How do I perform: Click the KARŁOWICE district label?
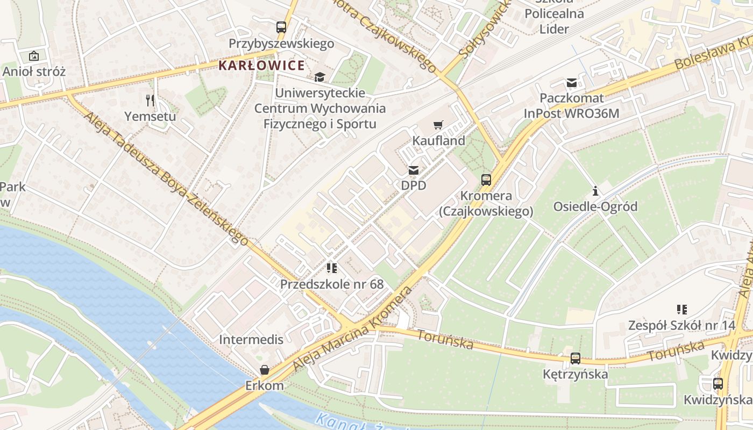click(261, 66)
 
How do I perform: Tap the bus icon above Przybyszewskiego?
click(281, 27)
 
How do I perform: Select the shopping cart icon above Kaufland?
click(438, 125)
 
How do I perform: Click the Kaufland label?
click(438, 141)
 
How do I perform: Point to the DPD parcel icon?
click(413, 170)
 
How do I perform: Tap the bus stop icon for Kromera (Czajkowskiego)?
click(486, 180)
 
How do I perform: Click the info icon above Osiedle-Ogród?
click(595, 191)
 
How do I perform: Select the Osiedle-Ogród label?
click(595, 207)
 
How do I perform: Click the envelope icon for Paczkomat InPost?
click(571, 83)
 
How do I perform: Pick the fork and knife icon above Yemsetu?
click(150, 100)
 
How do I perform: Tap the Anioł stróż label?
click(34, 71)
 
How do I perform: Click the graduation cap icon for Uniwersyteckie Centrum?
click(320, 77)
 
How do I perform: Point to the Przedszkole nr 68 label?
click(332, 284)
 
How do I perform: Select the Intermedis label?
click(251, 340)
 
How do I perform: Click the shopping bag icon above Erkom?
click(264, 370)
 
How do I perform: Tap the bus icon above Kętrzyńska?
click(575, 358)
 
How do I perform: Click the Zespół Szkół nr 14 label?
click(681, 326)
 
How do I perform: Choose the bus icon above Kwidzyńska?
click(718, 384)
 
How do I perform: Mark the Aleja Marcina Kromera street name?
click(352, 329)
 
